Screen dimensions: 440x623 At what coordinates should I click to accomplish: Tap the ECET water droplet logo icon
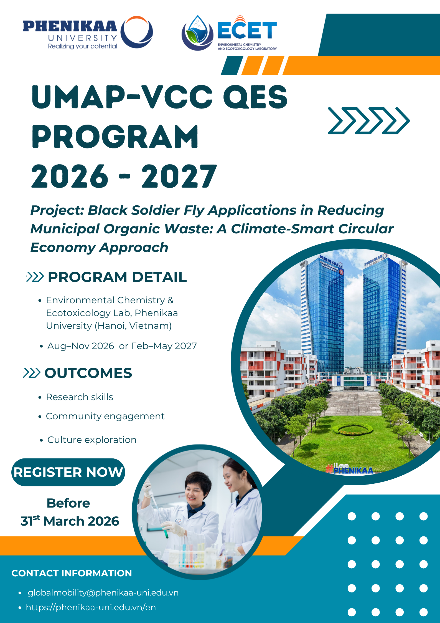coord(197,33)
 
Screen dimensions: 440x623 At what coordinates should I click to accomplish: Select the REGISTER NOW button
coord(68,472)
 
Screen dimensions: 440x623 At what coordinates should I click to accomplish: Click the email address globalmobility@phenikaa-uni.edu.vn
coord(103,592)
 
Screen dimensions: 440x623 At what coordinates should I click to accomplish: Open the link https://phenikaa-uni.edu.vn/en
coord(91,607)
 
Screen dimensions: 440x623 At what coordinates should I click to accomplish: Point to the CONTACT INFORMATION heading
coord(72,573)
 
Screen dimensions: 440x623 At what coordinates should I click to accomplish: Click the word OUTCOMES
coord(88,373)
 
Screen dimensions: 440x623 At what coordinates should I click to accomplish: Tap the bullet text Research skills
coord(80,397)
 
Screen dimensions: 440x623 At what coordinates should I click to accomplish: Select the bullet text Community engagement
coord(105,416)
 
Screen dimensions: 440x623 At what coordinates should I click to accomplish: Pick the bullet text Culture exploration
coord(92,440)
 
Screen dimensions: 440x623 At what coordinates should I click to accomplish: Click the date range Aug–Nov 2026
coord(81,346)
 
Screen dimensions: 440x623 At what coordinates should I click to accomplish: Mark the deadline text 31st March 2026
coord(70,521)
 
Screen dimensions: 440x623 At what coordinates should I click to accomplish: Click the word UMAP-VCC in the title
coord(122,97)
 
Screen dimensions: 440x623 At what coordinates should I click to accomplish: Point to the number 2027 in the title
coord(179,176)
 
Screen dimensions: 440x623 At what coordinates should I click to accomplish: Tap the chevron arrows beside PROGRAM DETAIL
coord(35,277)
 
